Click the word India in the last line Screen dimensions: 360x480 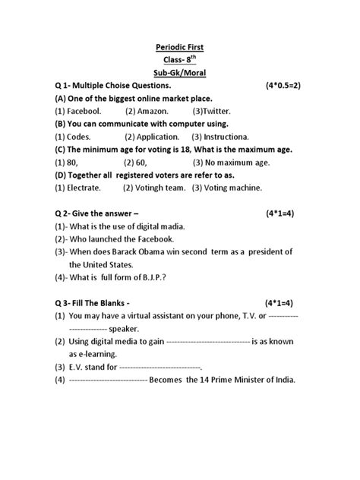coord(283,379)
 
